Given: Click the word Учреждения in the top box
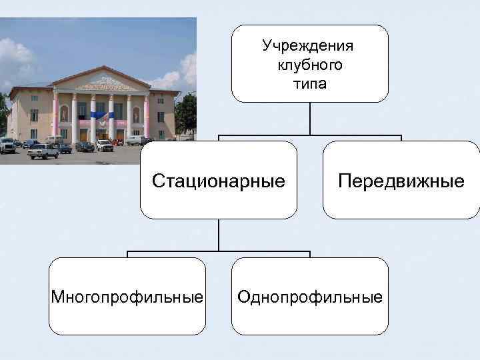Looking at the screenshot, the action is click(309, 46).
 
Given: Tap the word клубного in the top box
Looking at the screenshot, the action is click(309, 65).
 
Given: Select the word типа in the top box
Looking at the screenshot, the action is click(309, 84).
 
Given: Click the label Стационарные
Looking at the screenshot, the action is click(218, 181).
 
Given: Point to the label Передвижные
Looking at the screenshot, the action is click(401, 181).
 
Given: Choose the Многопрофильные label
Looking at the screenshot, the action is click(127, 296).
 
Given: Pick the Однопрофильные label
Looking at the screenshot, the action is click(310, 296).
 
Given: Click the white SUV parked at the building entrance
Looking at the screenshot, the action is click(105, 145).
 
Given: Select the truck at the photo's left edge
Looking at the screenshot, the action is click(7, 145).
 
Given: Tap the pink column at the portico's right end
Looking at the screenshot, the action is click(147, 116).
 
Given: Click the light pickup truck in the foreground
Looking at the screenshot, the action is click(43, 151).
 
